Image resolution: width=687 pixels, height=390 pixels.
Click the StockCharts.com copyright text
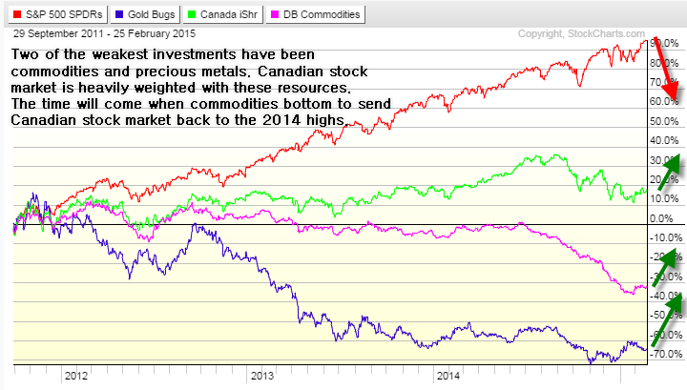(598, 34)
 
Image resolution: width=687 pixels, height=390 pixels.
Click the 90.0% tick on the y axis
(663, 44)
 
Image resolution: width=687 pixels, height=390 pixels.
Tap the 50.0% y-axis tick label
(663, 122)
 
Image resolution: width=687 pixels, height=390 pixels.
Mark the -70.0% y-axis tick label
(663, 355)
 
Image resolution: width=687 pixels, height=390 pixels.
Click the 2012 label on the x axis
(77, 376)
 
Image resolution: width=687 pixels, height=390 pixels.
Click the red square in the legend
(11, 14)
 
